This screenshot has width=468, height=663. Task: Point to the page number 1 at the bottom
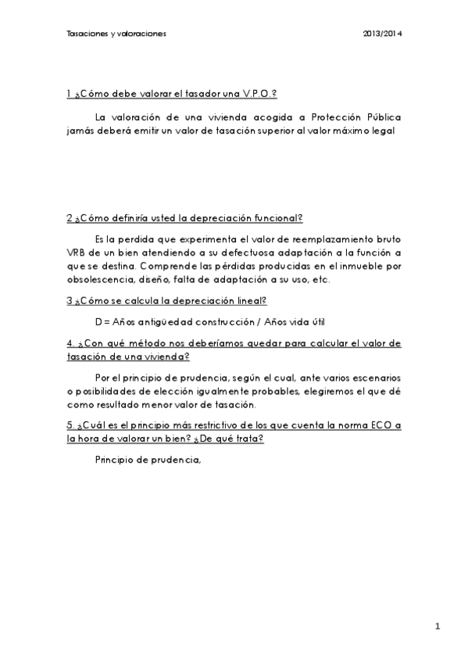tap(438, 626)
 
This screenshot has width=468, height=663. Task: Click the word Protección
tap(338, 116)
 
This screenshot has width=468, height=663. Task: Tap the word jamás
tap(80, 131)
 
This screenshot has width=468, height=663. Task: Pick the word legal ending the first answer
tap(387, 131)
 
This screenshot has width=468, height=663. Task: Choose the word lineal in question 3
tap(252, 299)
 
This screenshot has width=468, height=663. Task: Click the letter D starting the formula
tap(98, 321)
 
